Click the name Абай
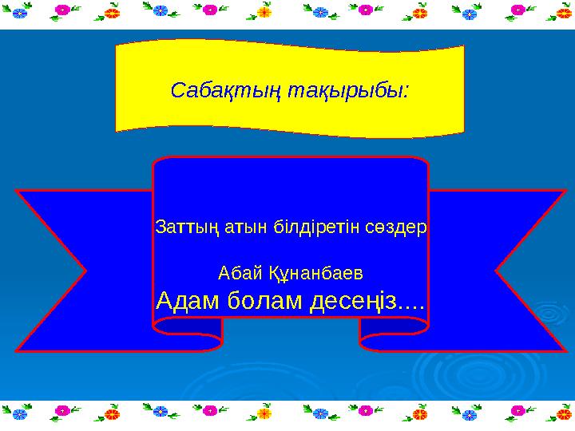(238, 273)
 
